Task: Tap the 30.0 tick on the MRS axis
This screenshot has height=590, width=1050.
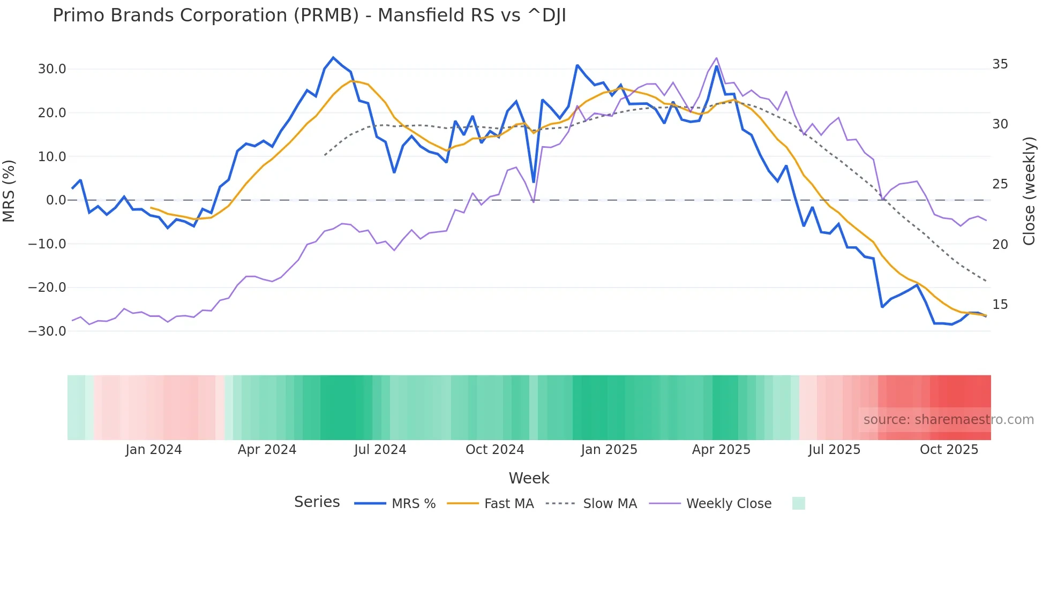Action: click(52, 69)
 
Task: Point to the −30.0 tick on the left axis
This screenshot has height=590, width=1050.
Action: click(48, 331)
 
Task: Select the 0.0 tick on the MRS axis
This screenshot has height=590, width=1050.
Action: click(56, 200)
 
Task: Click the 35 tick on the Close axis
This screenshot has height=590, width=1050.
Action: click(1000, 64)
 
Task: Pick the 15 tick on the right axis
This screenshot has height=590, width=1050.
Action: click(1000, 305)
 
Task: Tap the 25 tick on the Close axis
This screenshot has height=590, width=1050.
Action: click(1000, 184)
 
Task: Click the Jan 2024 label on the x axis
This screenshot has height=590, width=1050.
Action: click(154, 450)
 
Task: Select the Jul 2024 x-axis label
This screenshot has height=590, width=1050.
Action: click(380, 450)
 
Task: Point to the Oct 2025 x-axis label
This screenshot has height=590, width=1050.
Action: click(949, 450)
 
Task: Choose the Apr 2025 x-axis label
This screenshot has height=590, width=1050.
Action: click(721, 450)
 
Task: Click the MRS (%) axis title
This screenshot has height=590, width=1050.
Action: click(9, 191)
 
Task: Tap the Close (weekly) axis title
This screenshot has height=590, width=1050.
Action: click(1029, 191)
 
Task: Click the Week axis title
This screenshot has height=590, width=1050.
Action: click(529, 478)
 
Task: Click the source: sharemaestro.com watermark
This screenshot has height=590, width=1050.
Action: click(948, 420)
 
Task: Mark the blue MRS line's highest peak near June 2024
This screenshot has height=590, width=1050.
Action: click(333, 57)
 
